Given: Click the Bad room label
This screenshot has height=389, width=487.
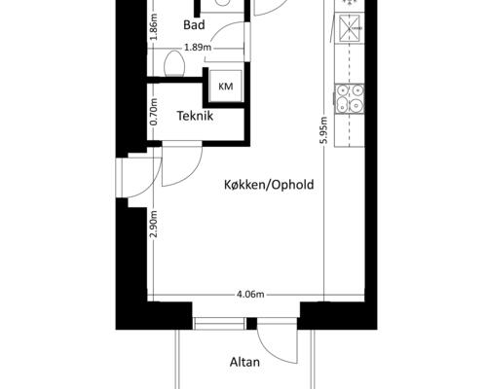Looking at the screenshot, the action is tap(194, 25).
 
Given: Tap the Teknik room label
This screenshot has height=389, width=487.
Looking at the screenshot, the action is tap(195, 116).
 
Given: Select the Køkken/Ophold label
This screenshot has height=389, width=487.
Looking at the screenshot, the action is tap(269, 185).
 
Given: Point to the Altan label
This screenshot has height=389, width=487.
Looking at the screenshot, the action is tap(244, 362).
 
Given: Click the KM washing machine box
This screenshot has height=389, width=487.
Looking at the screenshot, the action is tap(226, 87).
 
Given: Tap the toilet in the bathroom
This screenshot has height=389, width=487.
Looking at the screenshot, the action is tap(174, 63).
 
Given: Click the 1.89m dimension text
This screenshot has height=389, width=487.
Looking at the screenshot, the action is tap(198, 48).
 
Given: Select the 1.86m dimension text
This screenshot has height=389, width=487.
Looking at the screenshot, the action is tap(154, 26).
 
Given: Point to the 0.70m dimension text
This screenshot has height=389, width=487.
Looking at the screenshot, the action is tap(154, 112).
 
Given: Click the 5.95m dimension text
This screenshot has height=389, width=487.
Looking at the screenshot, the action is tap(323, 130).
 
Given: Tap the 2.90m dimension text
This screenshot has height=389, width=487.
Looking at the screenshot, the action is tap(154, 224).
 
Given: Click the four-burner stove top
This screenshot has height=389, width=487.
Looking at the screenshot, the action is tap(350, 98).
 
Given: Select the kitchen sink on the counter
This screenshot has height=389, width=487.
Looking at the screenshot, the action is tap(350, 28).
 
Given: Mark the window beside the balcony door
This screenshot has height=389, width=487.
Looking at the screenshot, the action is tap(219, 324).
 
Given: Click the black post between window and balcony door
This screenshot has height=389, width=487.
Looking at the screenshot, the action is tap(251, 324).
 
